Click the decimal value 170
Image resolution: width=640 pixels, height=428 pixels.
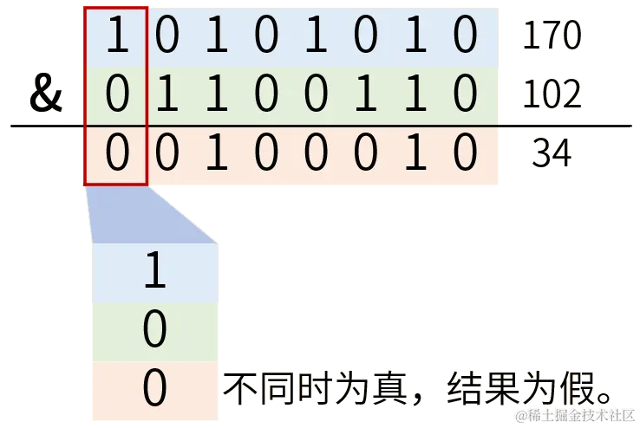coord(551,36)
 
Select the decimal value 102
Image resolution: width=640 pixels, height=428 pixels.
coord(551,96)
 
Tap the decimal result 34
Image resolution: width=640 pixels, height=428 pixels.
coord(551,154)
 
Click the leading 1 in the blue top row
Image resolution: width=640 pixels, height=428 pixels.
coord(116,37)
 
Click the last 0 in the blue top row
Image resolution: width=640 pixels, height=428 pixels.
coord(466,37)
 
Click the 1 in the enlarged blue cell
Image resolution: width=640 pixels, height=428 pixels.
coord(154,273)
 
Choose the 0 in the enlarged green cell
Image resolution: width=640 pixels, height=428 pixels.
coord(154,330)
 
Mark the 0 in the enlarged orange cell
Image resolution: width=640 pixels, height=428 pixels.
coord(154,390)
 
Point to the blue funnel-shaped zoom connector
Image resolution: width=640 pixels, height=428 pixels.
coord(152,214)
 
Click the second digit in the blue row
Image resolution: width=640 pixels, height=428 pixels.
coord(167,37)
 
